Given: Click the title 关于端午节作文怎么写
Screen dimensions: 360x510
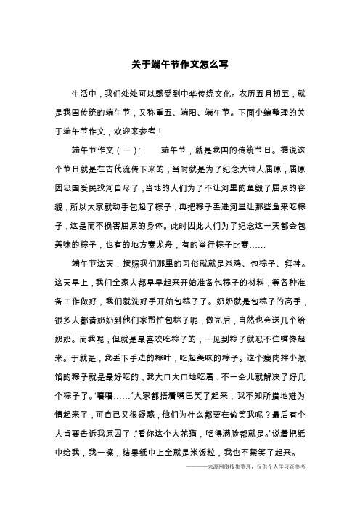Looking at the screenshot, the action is click(180, 64).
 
